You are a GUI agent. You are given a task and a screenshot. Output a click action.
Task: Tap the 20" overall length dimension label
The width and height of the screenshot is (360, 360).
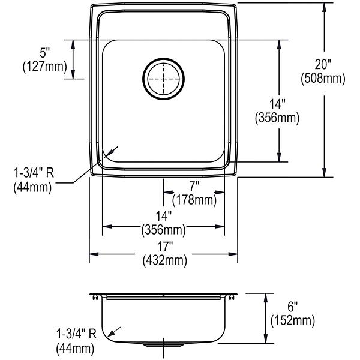coord(323,64)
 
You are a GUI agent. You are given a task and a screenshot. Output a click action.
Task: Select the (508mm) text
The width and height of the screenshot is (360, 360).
coord(323,79)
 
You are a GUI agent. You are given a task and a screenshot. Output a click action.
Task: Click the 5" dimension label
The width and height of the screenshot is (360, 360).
coord(45,53)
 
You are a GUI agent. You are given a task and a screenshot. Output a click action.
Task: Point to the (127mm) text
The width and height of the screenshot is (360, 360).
coord(45,67)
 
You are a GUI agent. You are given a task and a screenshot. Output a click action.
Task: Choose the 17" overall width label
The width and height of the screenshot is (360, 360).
coord(164,247)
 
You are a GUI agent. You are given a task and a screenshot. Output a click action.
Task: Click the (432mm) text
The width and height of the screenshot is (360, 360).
coord(164,261)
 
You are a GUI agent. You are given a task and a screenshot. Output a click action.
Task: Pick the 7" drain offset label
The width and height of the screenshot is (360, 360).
coord(194,186)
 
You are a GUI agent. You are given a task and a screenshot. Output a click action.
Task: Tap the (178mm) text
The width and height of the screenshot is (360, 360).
coord(194,200)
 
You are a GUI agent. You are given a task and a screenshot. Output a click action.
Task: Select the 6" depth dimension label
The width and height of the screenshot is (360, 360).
coord(293,307)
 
